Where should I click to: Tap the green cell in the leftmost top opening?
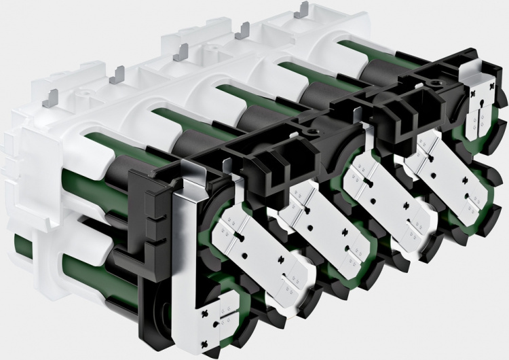pos(98,147)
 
